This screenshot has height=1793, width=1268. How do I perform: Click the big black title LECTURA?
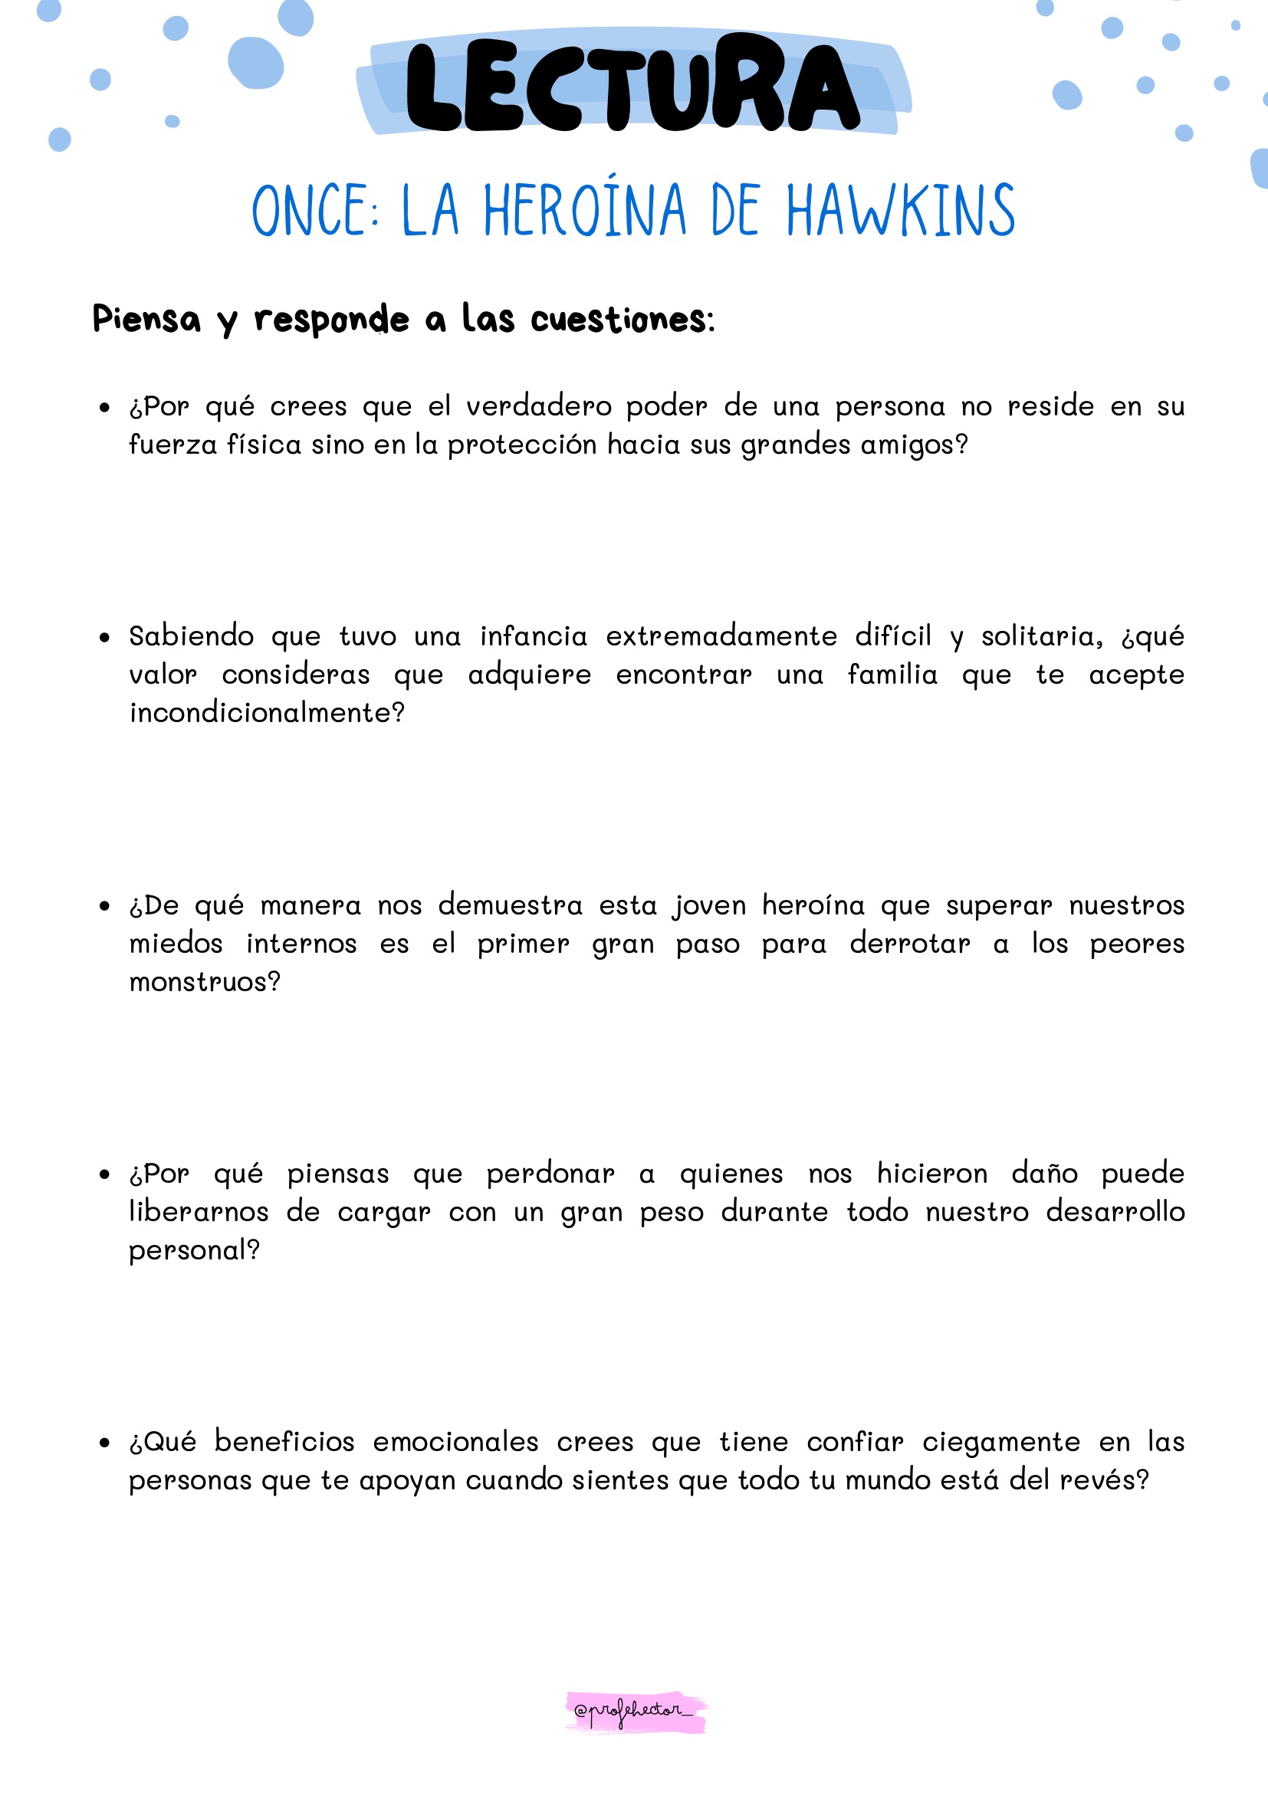tap(632, 86)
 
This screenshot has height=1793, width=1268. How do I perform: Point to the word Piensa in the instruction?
tap(146, 319)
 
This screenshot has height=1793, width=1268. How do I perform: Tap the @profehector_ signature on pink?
tap(634, 1710)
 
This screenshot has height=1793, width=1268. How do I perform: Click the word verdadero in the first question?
tap(539, 407)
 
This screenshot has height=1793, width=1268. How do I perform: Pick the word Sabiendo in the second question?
tap(192, 636)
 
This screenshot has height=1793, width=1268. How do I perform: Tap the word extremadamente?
tap(721, 636)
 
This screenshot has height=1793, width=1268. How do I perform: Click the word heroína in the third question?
tap(813, 906)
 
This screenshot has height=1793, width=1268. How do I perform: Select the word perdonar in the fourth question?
tap(550, 1174)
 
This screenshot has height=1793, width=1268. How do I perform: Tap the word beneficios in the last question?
tap(284, 1442)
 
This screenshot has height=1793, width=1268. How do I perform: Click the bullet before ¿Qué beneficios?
tap(104, 1443)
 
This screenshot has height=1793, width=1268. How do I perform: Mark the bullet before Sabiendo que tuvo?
tap(104, 638)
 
